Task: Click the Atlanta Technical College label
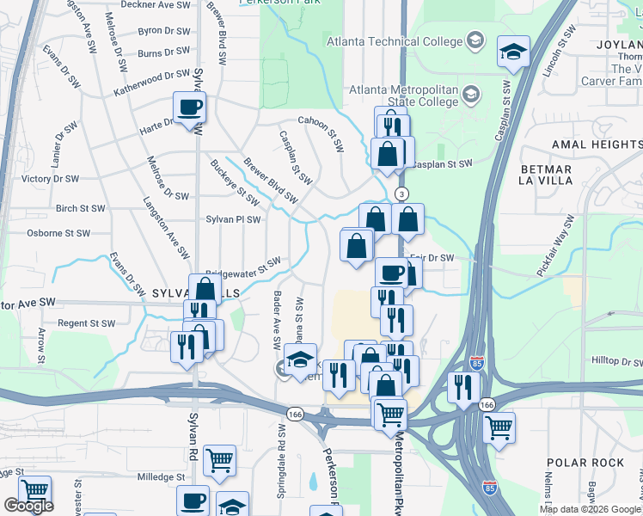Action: [x=394, y=40]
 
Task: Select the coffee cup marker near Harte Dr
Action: [x=189, y=108]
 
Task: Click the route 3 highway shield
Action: [x=400, y=193]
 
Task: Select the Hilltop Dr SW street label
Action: [x=613, y=363]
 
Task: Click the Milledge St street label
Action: [x=161, y=476]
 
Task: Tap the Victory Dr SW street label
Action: [x=50, y=179]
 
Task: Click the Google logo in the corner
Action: [x=28, y=506]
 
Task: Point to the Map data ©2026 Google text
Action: [x=591, y=509]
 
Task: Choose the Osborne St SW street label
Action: [x=58, y=233]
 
